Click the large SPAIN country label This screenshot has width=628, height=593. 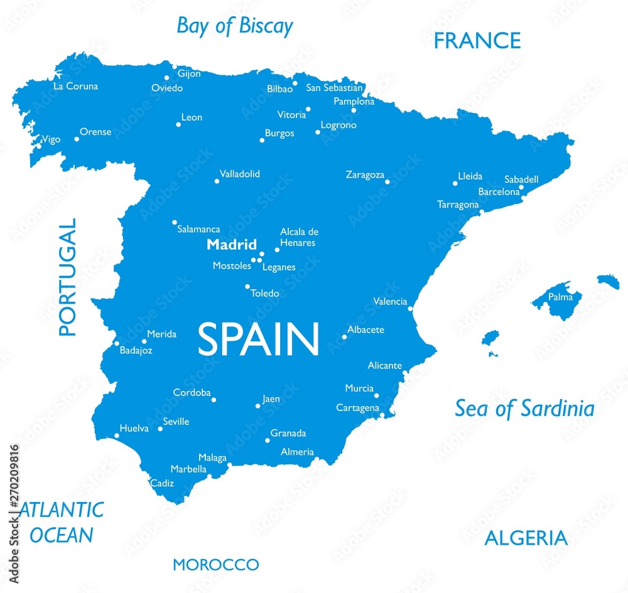click(x=259, y=339)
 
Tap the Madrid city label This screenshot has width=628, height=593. click(x=232, y=245)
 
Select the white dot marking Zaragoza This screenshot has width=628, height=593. click(x=387, y=182)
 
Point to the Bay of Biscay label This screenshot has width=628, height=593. click(x=235, y=26)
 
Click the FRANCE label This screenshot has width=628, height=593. click(x=477, y=41)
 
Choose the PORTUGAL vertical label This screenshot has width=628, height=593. click(x=67, y=277)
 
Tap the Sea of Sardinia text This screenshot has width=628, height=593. click(x=524, y=409)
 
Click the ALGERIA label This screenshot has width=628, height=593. click(x=526, y=538)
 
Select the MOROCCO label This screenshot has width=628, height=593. click(x=215, y=565)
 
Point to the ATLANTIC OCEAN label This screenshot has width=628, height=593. click(x=62, y=522)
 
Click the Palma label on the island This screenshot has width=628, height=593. click(x=560, y=297)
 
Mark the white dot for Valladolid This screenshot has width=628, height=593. click(x=217, y=181)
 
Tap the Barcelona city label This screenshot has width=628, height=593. click(x=499, y=192)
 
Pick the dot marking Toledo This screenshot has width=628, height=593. click(x=247, y=287)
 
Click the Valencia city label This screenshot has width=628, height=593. click(x=390, y=302)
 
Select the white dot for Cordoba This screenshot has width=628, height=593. click(x=214, y=400)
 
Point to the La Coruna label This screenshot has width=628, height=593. click(x=75, y=87)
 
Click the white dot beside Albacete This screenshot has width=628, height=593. click(x=344, y=337)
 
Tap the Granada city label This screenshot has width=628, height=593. click(x=288, y=433)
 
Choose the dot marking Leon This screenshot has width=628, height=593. click(x=178, y=125)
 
